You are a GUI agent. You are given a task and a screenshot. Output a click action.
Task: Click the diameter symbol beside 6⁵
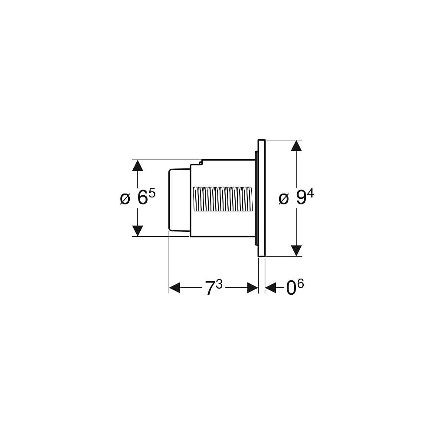125,199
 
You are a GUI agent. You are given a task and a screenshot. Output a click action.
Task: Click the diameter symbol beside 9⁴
284,199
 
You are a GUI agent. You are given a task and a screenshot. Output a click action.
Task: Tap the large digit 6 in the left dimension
142,198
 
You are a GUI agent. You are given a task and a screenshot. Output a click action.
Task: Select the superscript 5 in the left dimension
152,193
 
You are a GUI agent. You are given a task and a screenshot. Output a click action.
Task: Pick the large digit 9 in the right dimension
302,198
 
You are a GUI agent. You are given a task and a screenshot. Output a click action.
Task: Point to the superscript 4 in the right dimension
311,194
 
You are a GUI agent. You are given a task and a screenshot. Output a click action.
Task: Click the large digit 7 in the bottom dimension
210,288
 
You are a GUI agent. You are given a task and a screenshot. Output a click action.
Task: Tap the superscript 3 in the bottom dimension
219,284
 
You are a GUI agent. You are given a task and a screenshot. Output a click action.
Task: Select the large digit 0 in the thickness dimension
291,288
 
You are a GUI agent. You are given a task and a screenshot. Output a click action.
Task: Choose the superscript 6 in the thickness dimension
301,284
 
